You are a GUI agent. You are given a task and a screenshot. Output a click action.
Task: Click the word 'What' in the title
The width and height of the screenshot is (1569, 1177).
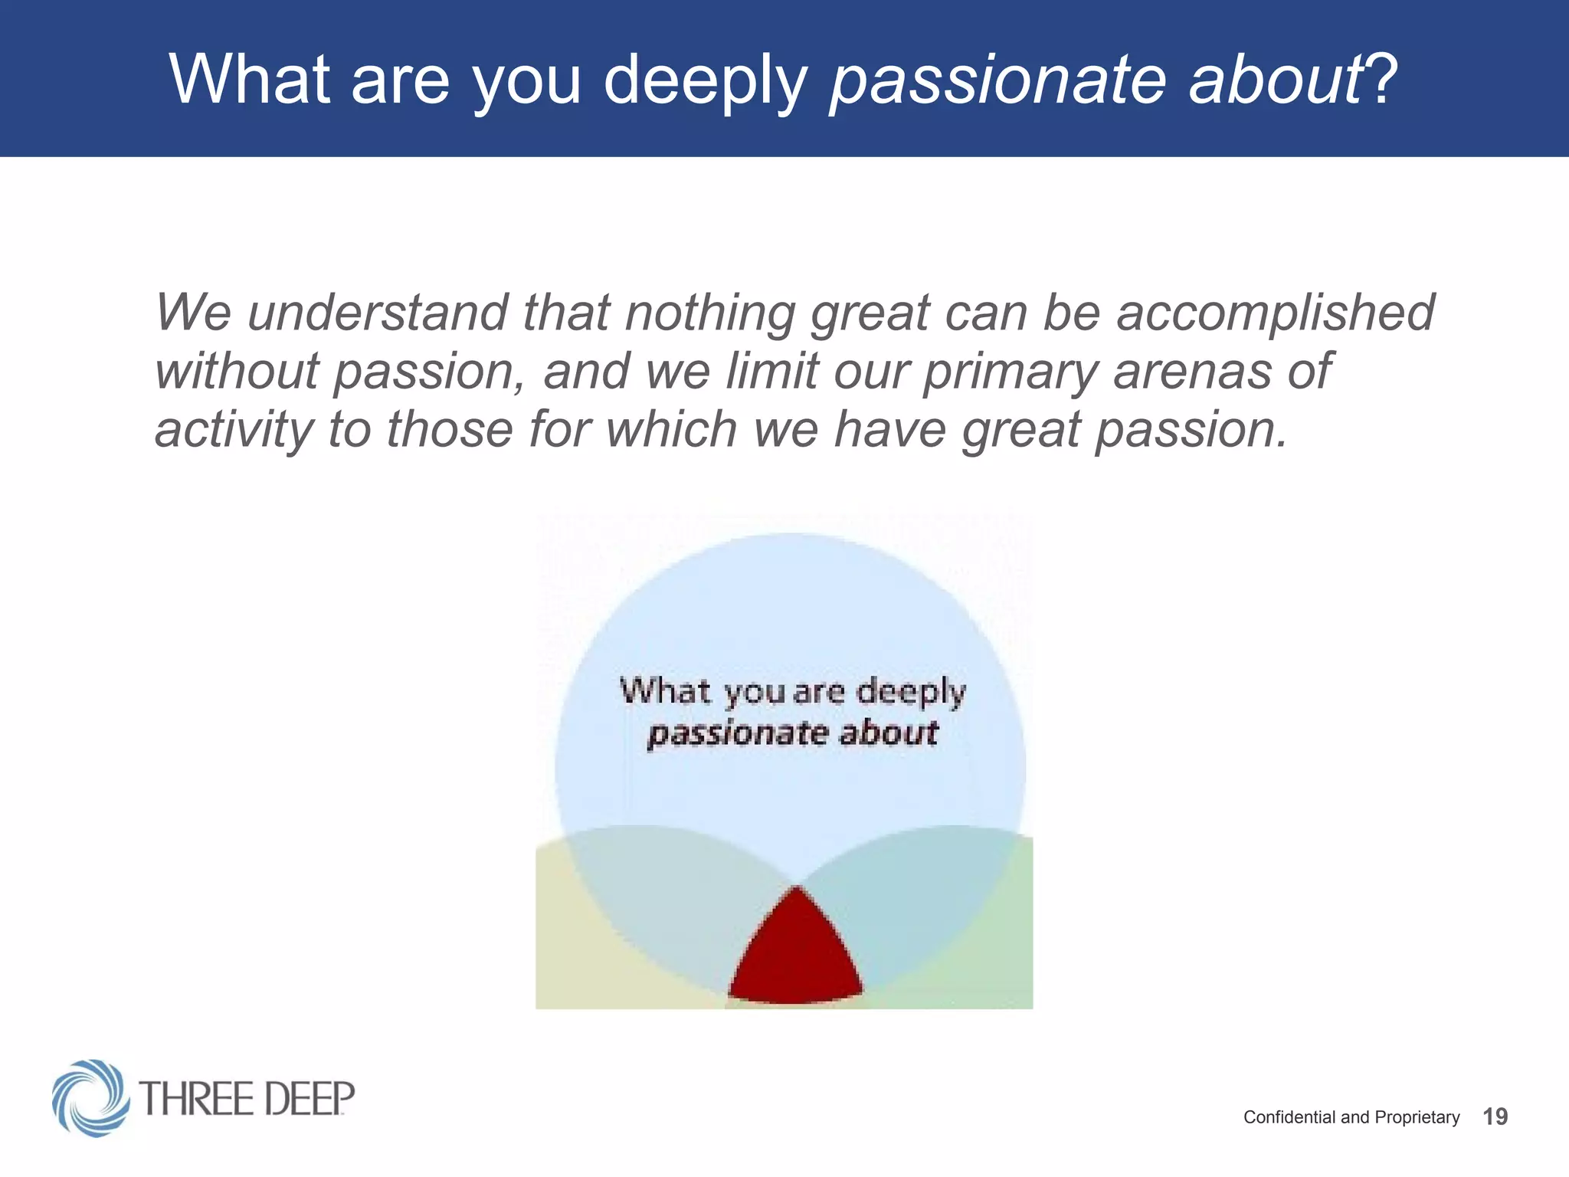tap(250, 79)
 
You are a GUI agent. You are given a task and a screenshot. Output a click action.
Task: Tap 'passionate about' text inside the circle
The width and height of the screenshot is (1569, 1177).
tap(792, 734)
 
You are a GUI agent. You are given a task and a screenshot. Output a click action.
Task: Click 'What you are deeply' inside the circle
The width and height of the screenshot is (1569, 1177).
tap(792, 692)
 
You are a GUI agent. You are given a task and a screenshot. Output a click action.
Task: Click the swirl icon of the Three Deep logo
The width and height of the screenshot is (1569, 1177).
tap(90, 1097)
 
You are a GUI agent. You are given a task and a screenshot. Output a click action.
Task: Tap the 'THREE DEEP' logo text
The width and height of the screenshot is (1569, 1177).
tap(247, 1099)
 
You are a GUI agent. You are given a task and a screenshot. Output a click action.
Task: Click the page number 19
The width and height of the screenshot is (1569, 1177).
tap(1495, 1116)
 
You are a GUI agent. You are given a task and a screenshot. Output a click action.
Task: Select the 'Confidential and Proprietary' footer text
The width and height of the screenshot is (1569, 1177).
tap(1351, 1117)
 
